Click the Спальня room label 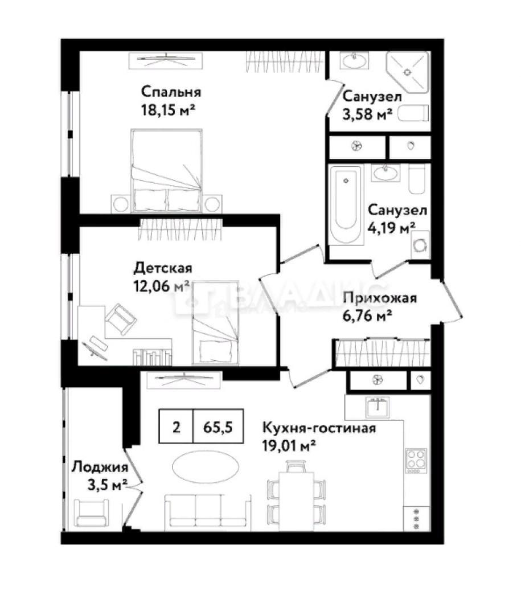click(171, 92)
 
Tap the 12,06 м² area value click(162, 286)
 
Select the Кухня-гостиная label click(319, 428)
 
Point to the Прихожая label click(380, 298)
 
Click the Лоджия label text click(100, 467)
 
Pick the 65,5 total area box click(218, 427)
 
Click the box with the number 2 click(176, 427)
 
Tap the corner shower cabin click(407, 72)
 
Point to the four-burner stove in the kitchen click(416, 460)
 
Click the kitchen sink click(378, 407)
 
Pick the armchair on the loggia click(92, 512)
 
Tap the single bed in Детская click(215, 322)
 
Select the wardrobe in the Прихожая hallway click(383, 353)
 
